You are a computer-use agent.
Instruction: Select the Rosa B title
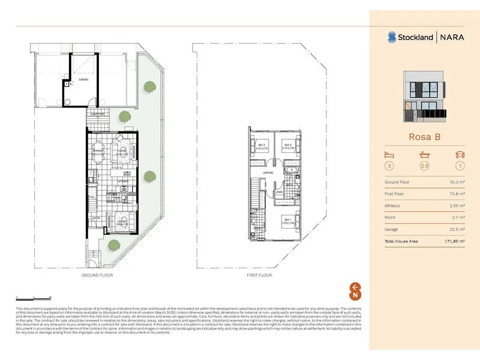tap(425, 137)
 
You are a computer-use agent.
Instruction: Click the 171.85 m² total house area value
tap(459, 241)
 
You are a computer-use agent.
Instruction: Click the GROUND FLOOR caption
tap(98, 275)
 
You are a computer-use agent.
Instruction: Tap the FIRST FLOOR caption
tap(259, 275)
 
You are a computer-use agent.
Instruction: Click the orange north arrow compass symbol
tap(355, 290)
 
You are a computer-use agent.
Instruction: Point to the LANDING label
tap(268, 172)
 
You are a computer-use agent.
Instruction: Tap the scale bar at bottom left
tap(34, 297)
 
